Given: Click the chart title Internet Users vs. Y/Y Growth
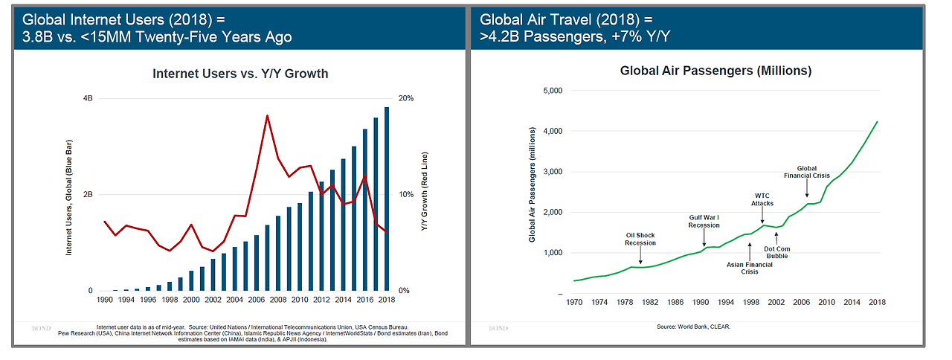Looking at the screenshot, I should point(240,74).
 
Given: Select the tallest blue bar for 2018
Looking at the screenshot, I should point(387,199).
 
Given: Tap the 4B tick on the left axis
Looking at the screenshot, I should point(87,99).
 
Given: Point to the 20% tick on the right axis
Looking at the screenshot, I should point(407,99).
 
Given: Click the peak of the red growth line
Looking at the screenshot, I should point(267,115).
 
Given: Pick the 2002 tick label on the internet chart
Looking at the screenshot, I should point(213,300).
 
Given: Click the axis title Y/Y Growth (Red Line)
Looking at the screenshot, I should point(425,195).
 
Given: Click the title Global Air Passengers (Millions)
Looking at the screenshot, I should point(715,71).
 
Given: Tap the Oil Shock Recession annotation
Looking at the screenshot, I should point(640,239).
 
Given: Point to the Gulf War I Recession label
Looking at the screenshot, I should point(704,222).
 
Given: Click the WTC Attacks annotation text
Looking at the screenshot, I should point(762,199).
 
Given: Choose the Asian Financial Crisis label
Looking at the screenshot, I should point(749,268).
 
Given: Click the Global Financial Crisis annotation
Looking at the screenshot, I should point(807,172).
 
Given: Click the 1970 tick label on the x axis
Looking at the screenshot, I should point(574,303).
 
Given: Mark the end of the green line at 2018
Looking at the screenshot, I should point(877,122).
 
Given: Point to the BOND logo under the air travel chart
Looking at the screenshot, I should point(499,328).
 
